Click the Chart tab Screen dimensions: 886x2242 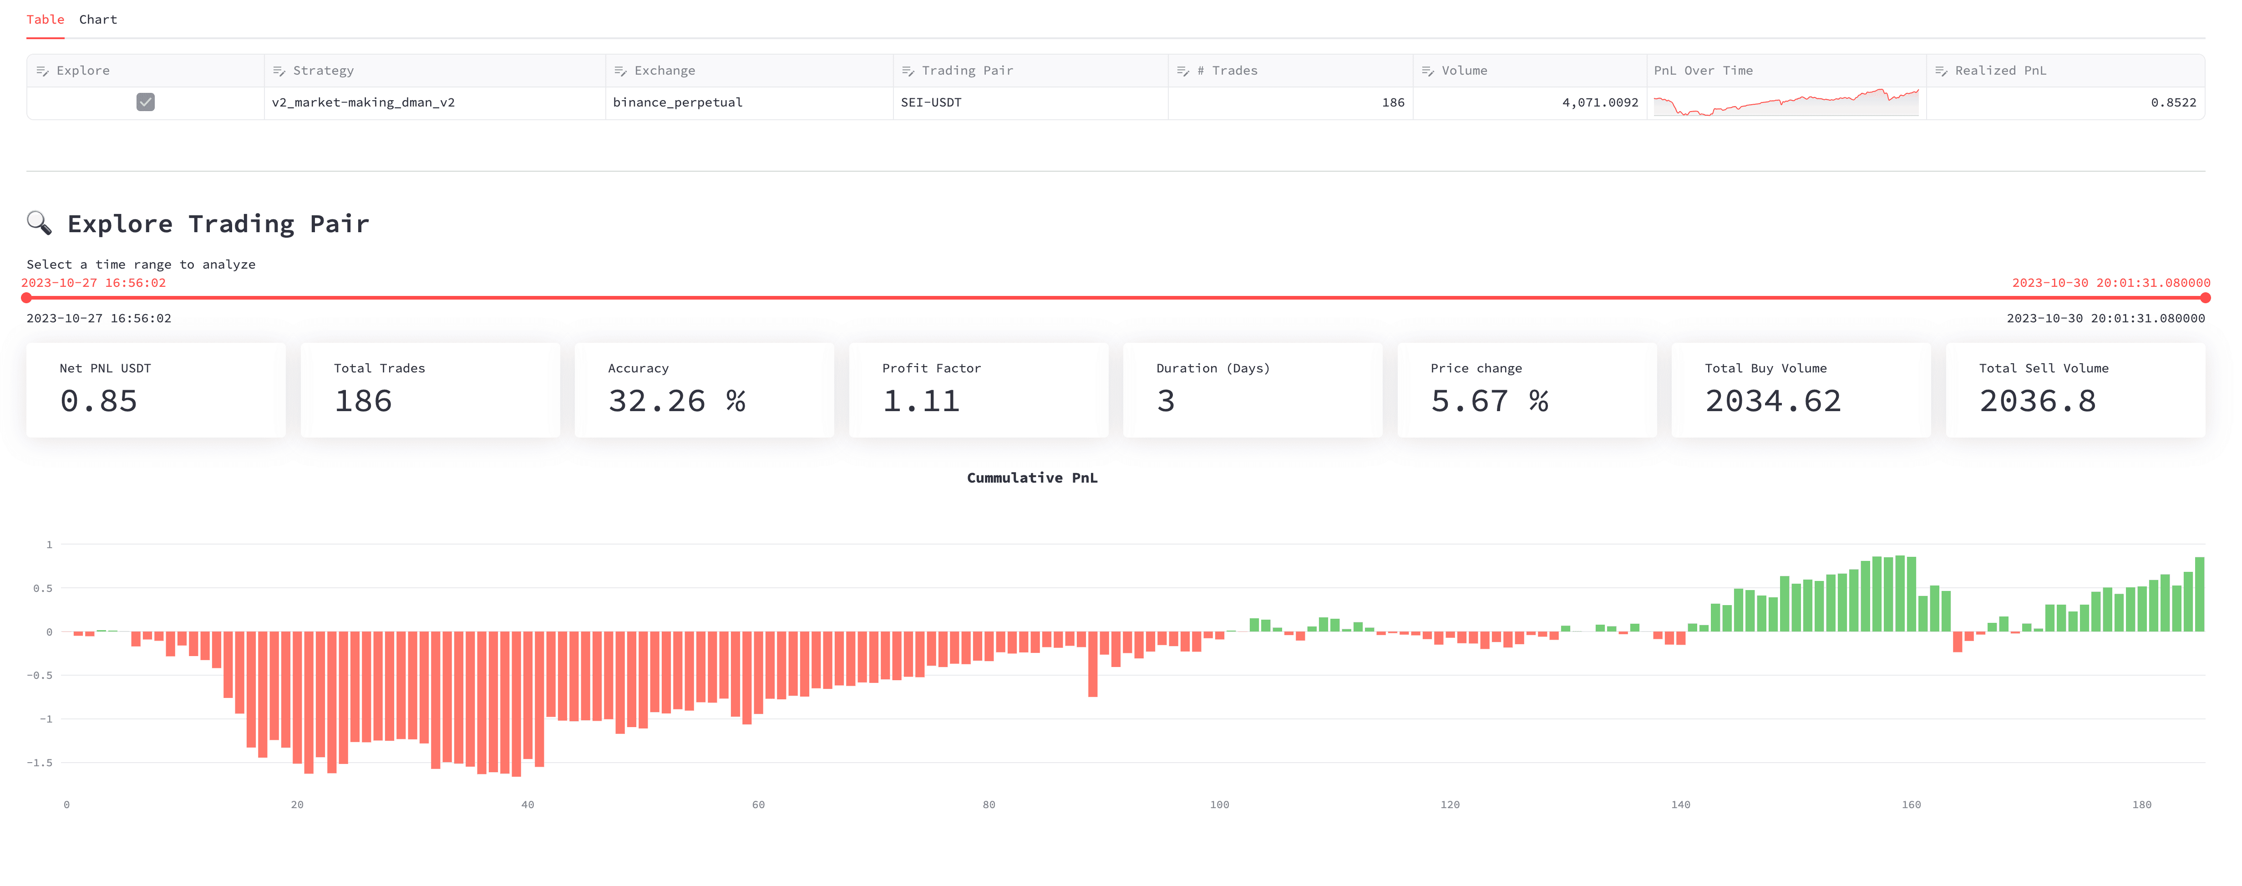click(x=97, y=19)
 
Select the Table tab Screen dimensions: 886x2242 click(x=45, y=19)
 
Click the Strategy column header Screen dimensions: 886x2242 click(x=323, y=71)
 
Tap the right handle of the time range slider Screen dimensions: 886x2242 click(x=2205, y=298)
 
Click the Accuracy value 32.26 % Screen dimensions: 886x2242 click(x=676, y=401)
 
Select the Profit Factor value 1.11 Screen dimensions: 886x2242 click(x=921, y=401)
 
